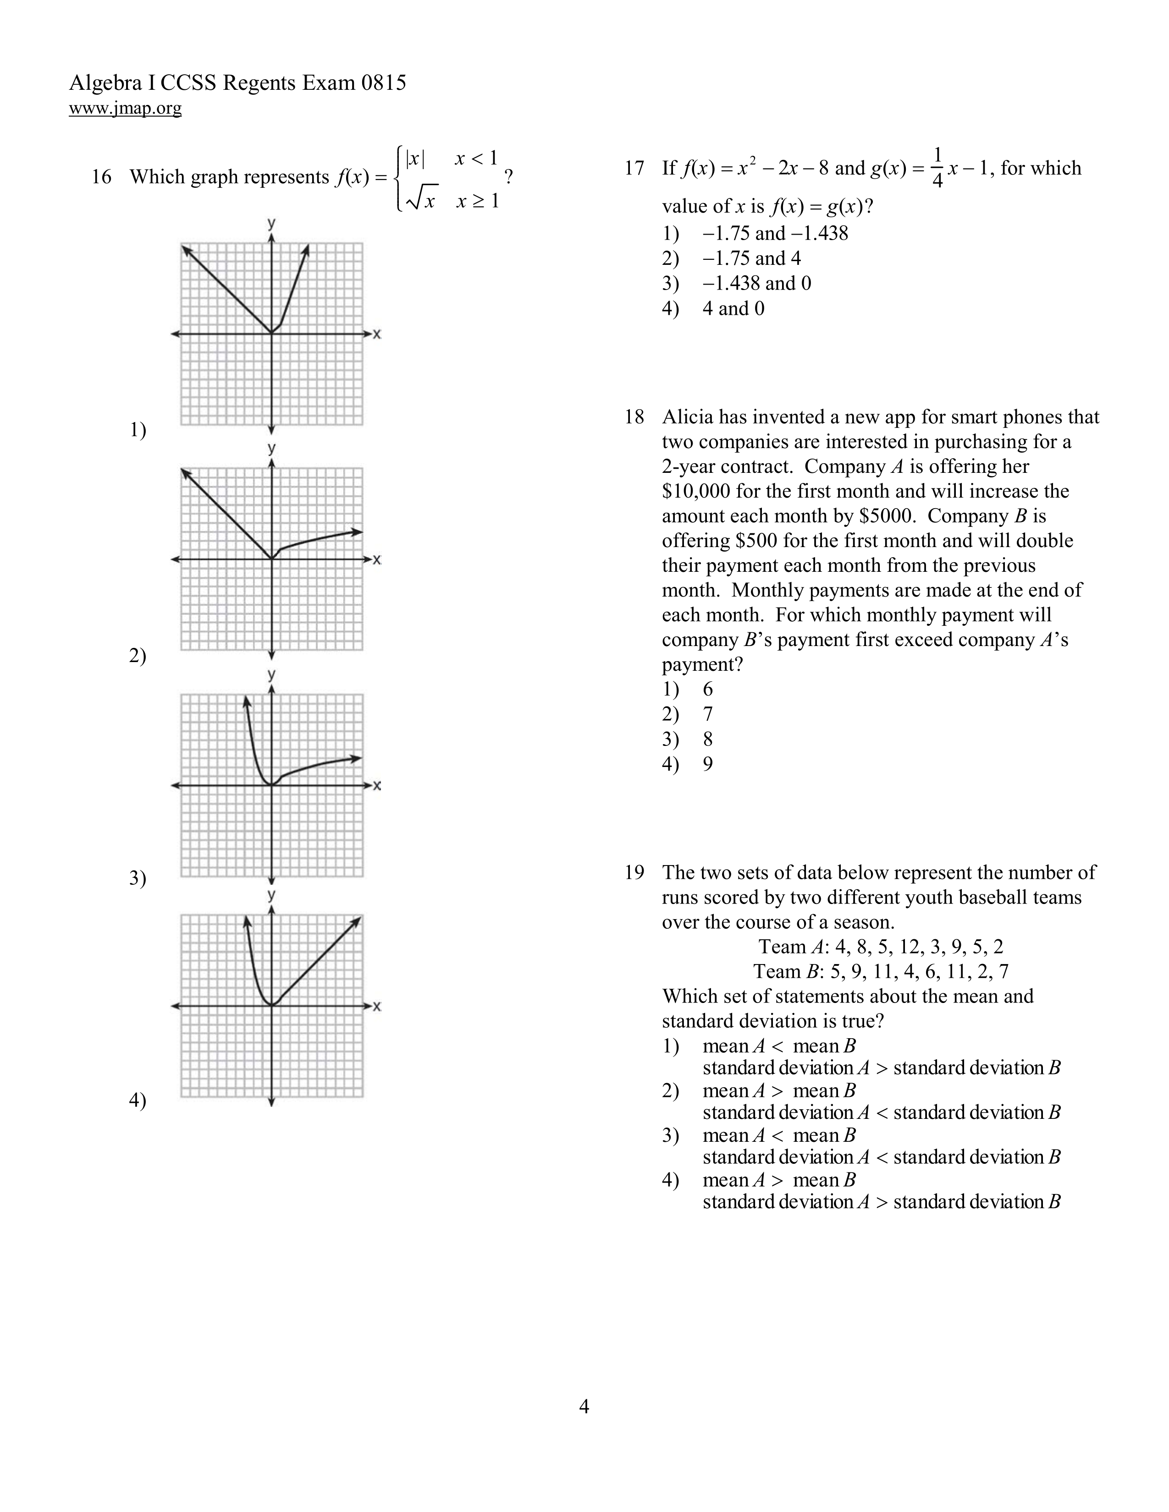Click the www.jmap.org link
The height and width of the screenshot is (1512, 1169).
pos(125,108)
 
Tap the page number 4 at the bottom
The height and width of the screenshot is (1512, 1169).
pos(584,1406)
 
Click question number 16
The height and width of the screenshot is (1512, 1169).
pos(101,177)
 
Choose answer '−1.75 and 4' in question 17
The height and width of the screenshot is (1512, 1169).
pos(751,258)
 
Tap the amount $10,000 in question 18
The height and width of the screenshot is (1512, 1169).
pos(696,492)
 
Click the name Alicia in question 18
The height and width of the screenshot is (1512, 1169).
pos(687,417)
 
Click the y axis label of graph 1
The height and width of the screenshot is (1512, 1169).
pos(271,224)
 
